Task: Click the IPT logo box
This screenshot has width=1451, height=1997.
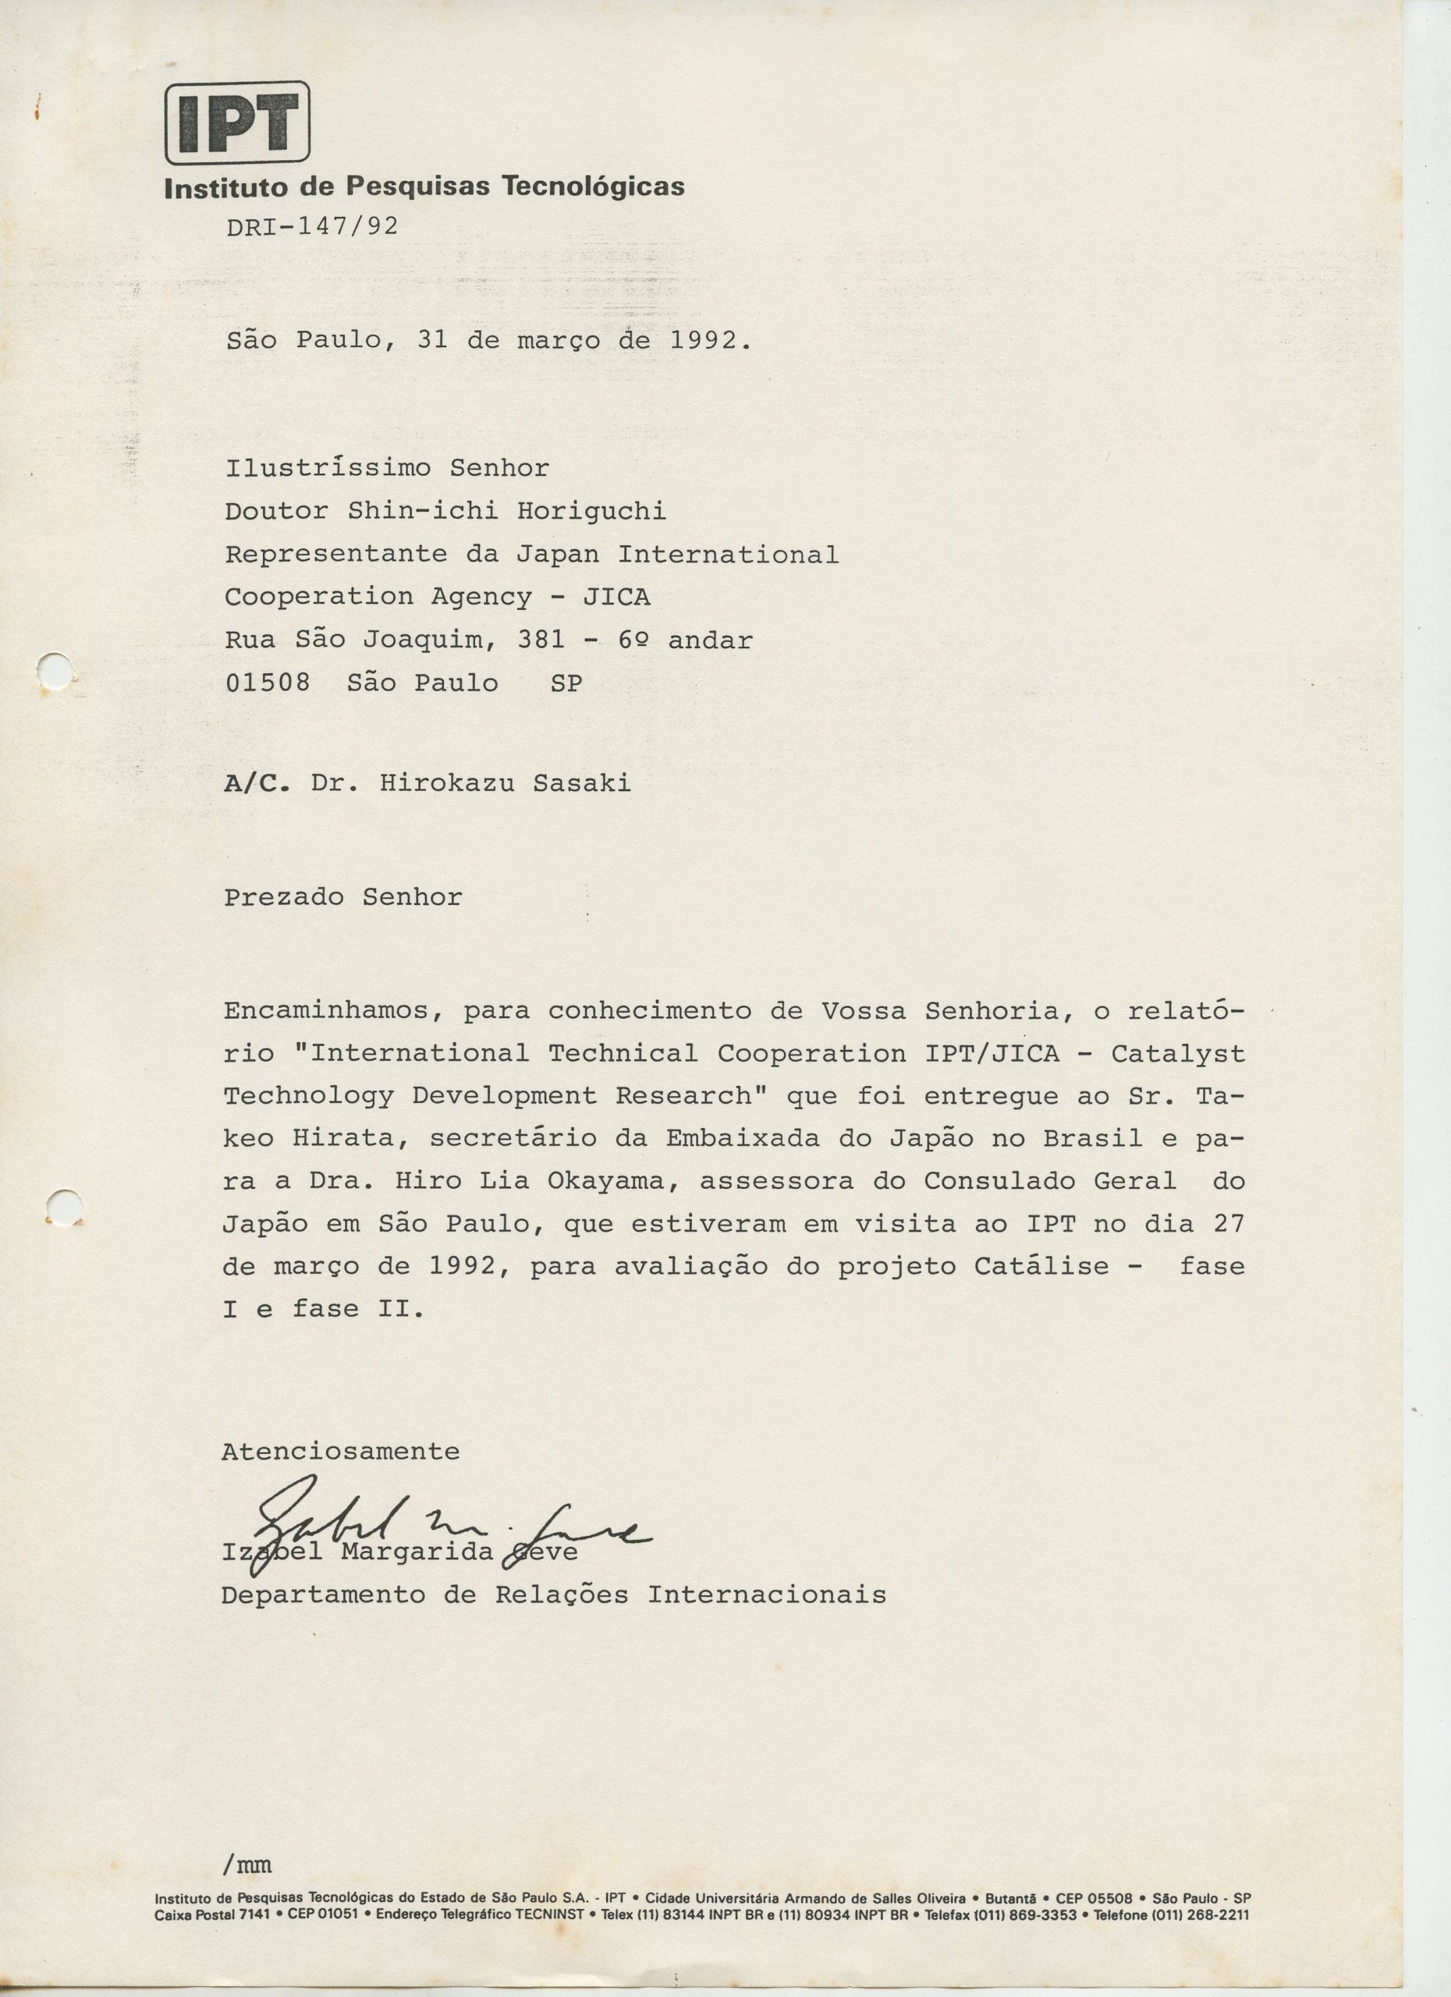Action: click(237, 122)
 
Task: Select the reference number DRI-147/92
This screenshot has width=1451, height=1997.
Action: click(312, 227)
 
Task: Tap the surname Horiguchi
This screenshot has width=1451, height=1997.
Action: click(591, 511)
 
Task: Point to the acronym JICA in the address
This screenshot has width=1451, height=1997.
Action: click(616, 597)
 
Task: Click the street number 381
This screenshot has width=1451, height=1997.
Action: click(541, 640)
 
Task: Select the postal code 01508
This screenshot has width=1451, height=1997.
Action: click(268, 683)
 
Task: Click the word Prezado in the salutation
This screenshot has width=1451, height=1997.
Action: click(282, 897)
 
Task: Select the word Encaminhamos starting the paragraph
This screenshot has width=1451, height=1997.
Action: click(328, 1011)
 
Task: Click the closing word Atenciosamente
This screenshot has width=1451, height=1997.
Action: click(340, 1452)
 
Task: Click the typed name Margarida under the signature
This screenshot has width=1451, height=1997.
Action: click(417, 1552)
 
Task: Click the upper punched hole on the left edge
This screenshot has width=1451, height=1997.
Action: click(56, 670)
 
